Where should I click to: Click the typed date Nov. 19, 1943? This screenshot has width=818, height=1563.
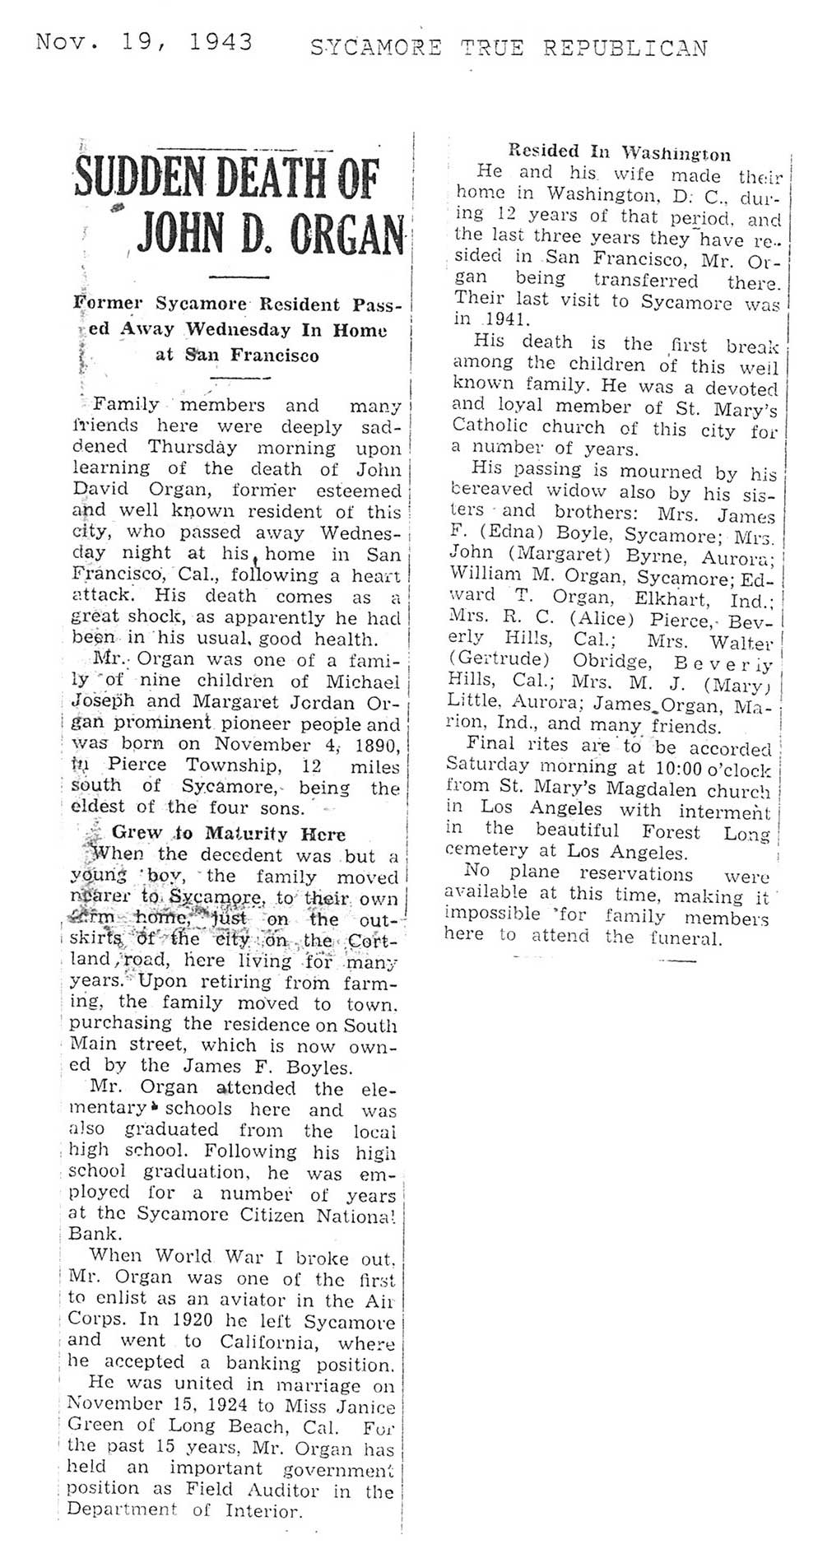click(144, 43)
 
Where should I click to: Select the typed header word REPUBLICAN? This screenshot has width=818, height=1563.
click(625, 49)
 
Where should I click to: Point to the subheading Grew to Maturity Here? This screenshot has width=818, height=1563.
click(228, 833)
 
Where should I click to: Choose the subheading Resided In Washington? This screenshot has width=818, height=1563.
click(619, 153)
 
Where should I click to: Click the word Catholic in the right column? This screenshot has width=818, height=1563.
click(490, 429)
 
